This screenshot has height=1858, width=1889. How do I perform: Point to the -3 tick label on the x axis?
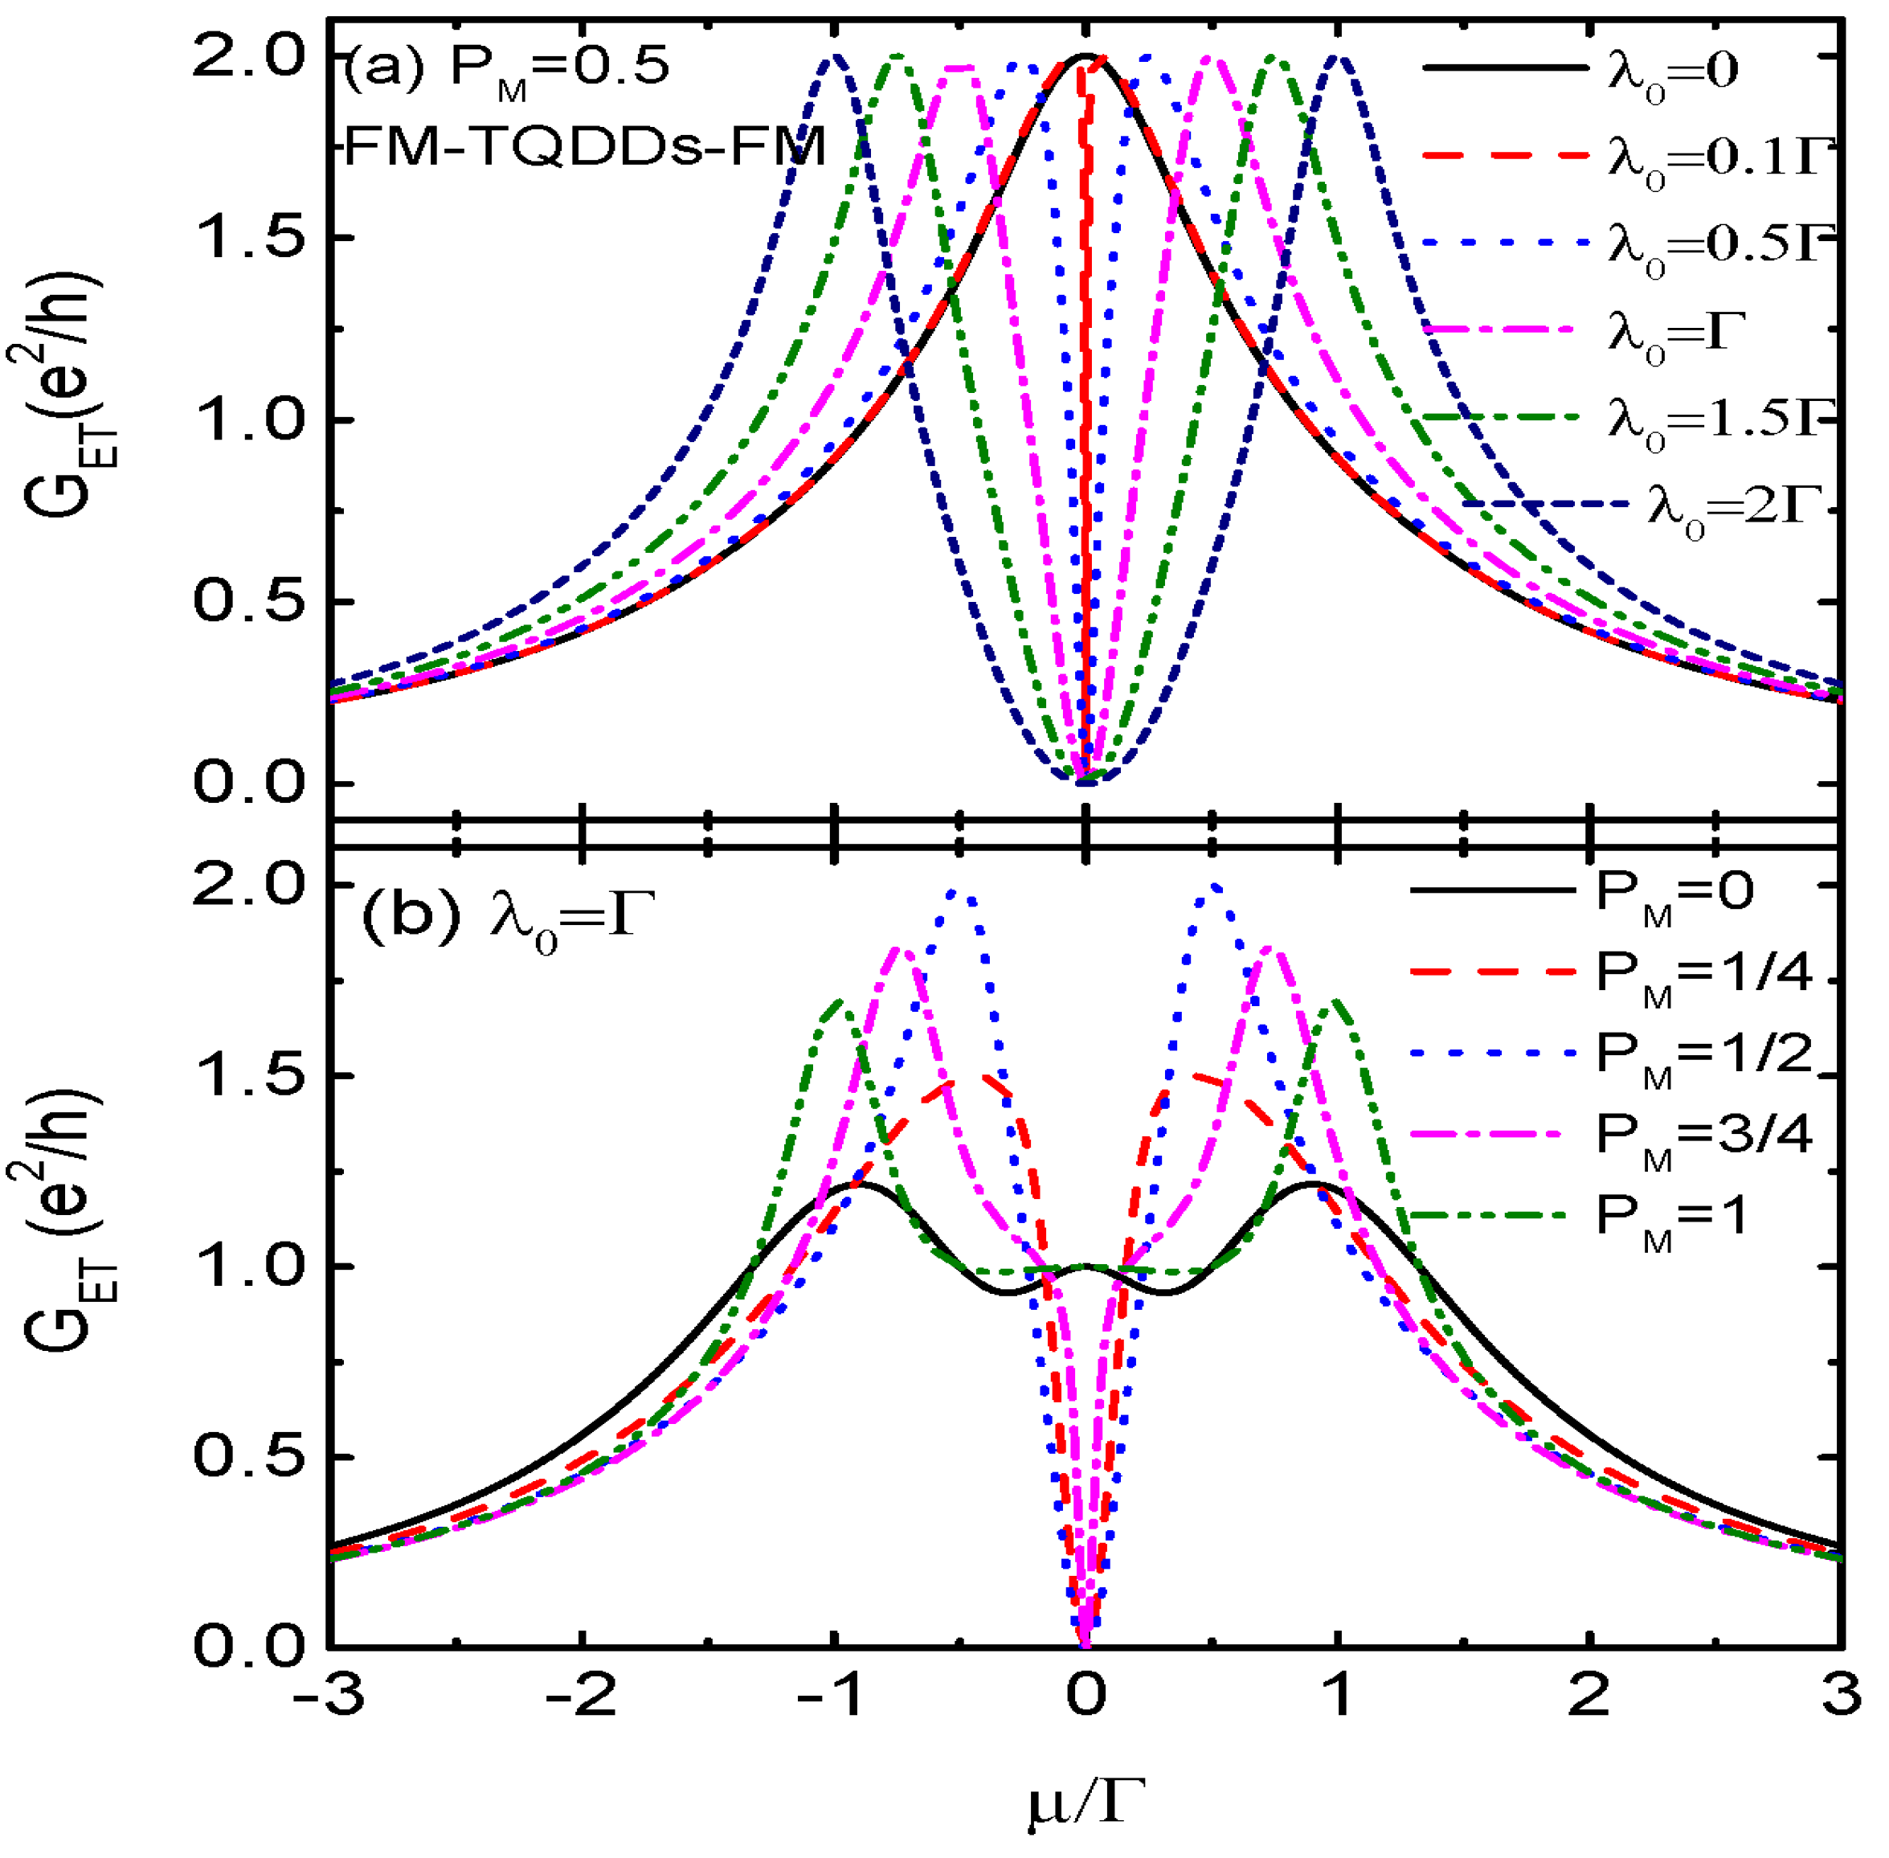329,1696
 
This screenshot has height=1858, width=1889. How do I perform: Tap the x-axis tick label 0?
1085,1696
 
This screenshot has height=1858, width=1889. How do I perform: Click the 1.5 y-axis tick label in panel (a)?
249,237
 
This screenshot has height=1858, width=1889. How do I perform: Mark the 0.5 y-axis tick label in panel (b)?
249,1457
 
